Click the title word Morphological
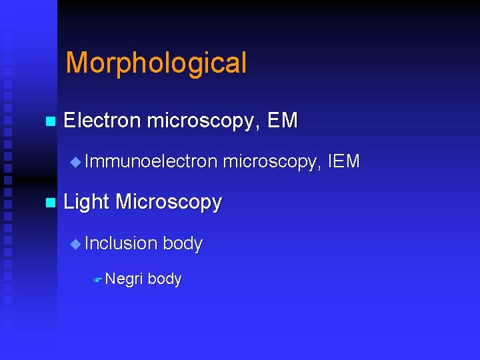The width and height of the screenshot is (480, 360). pyautogui.click(x=156, y=63)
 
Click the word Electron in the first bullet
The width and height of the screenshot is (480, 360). pyautogui.click(x=102, y=121)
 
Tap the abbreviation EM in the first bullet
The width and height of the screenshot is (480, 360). pyautogui.click(x=282, y=121)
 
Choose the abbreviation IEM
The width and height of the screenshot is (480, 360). pyautogui.click(x=344, y=161)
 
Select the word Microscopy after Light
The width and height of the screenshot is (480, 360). pyautogui.click(x=168, y=203)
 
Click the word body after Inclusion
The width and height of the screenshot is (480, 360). pyautogui.click(x=182, y=243)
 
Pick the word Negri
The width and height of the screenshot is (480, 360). pyautogui.click(x=124, y=279)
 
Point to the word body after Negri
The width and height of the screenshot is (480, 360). pyautogui.click(x=164, y=279)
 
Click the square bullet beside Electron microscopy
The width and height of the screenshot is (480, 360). pyautogui.click(x=48, y=122)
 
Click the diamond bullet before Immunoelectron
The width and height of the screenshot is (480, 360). pyautogui.click(x=75, y=162)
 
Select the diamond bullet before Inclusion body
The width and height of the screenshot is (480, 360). pyautogui.click(x=75, y=244)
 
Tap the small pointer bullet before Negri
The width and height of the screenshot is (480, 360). pyautogui.click(x=97, y=280)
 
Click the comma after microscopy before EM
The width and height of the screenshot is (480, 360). pyautogui.click(x=260, y=127)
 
